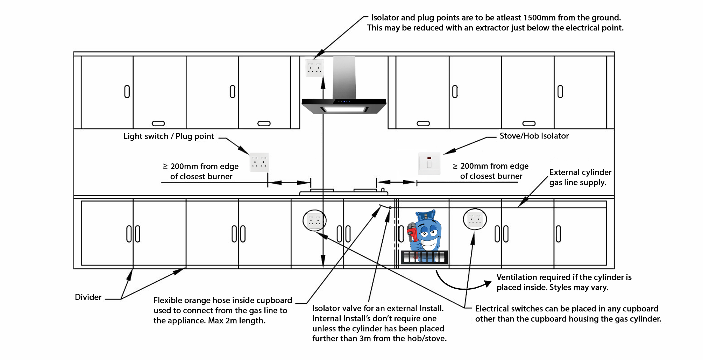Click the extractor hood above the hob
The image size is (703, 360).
[x=344, y=105]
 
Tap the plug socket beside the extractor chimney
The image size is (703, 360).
[x=314, y=68]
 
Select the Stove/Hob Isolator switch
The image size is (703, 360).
[x=429, y=163]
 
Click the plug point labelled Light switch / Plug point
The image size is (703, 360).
[x=259, y=162]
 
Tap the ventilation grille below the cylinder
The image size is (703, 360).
[x=424, y=257]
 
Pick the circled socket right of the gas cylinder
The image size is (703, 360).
[x=475, y=219]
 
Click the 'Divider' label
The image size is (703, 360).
[x=88, y=297]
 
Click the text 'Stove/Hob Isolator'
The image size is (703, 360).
[x=534, y=136]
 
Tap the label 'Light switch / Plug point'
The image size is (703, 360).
[x=169, y=136]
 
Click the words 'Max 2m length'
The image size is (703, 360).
[x=236, y=320]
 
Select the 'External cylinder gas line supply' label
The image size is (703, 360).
[x=580, y=177]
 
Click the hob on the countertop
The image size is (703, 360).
[x=343, y=191]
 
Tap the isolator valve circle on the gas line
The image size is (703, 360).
[x=390, y=207]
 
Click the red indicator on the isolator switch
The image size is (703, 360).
[x=429, y=158]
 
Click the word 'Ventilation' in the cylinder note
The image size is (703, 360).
[x=516, y=277]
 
